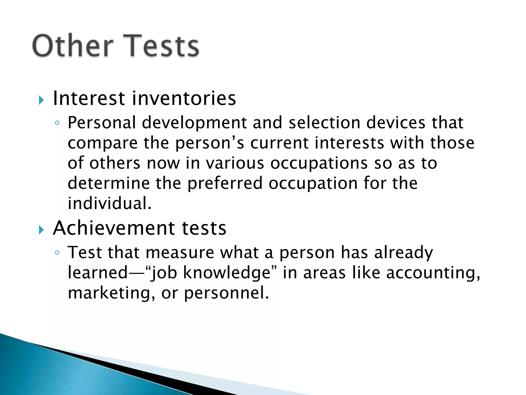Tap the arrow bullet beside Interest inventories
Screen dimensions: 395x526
[41, 100]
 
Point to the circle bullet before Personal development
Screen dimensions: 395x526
[57, 123]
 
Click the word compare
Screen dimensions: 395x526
[102, 143]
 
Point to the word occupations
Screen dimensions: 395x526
[319, 164]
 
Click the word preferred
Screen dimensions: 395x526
[225, 184]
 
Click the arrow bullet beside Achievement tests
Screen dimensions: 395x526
[41, 230]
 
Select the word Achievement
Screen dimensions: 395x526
[114, 228]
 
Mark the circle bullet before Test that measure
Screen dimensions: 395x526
[57, 253]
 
